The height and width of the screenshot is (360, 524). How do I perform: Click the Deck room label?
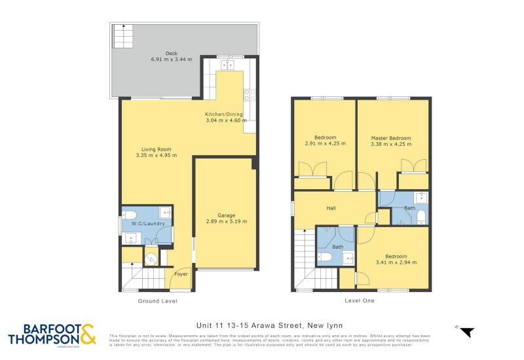pos(172,53)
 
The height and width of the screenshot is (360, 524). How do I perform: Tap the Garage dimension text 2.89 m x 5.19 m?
pos(223,221)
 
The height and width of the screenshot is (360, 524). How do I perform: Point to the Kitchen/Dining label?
pos(226,114)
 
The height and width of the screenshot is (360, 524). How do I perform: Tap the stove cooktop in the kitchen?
pos(249,96)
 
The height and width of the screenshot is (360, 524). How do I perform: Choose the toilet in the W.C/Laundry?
pos(129,214)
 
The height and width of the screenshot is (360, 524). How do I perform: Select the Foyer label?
pos(181,274)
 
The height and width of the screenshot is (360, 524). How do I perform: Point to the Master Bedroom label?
pos(391,138)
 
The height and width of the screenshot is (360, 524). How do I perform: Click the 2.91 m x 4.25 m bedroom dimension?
pos(326,144)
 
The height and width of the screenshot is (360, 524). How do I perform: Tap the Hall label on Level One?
pos(331,209)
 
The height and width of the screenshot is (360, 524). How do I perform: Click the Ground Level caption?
pos(157,301)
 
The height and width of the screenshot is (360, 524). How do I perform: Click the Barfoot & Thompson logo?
pos(51,334)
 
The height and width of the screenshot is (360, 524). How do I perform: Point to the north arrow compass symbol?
pos(466,331)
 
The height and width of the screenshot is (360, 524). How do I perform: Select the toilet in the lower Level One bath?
pos(324,257)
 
